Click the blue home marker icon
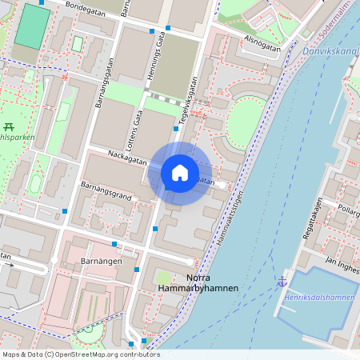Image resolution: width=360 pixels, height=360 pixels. pos(180,173)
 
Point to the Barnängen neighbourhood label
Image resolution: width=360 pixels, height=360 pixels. pos(101,262)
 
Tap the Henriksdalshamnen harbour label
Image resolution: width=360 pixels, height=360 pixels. pos(318,298)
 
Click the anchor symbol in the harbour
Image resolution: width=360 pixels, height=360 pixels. pos(282,282)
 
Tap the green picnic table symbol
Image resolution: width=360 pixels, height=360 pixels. pos(9,126)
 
